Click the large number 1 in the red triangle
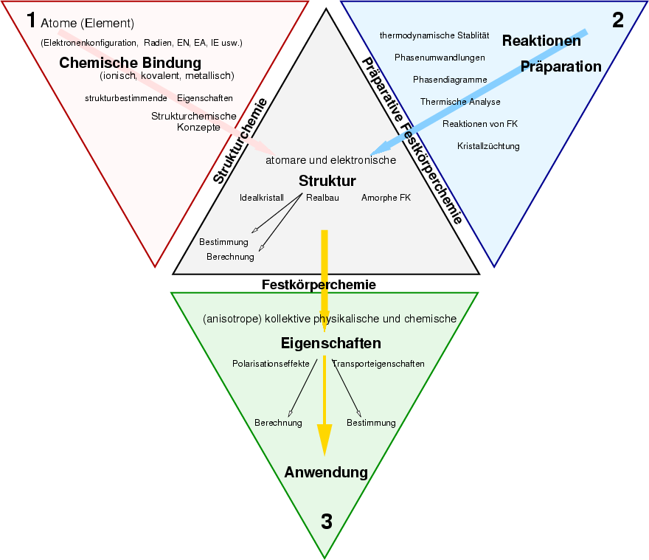coord(30,20)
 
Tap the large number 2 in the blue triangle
coord(618,20)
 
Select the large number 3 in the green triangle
coord(326,522)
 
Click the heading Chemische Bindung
coord(130,63)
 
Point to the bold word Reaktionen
coord(541,41)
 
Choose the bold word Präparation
coord(561,66)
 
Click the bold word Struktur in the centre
coord(327,181)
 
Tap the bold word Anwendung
coord(326,472)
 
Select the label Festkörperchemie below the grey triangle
coord(319,284)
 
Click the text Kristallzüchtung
coord(488,146)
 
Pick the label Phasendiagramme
coord(450,80)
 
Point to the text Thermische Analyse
coord(460,102)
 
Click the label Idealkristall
coord(262,198)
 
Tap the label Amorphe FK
coord(386,198)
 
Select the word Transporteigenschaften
coord(378,364)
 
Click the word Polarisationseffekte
coord(271,364)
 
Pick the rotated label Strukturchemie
coord(240,141)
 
